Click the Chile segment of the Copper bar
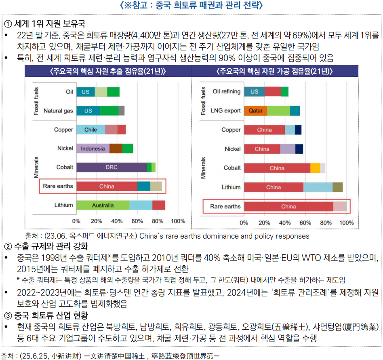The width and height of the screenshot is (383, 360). (x=90, y=130)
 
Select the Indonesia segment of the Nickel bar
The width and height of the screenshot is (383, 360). (x=93, y=148)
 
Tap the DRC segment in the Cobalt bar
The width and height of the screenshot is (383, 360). (x=112, y=167)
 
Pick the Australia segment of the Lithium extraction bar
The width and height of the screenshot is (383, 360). (x=103, y=205)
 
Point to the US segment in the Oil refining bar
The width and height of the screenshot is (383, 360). (x=254, y=91)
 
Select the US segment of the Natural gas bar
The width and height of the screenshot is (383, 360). (x=88, y=110)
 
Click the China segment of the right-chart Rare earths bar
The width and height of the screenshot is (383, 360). (x=288, y=206)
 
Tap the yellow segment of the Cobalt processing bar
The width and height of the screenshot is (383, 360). (x=315, y=168)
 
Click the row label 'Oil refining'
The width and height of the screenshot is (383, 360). (x=226, y=91)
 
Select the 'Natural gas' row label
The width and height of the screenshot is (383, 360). (x=58, y=110)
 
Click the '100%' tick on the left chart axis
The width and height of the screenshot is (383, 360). (x=178, y=221)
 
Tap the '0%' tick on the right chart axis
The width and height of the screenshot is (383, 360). (x=244, y=223)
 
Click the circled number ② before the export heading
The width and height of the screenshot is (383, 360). (x=7, y=246)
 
